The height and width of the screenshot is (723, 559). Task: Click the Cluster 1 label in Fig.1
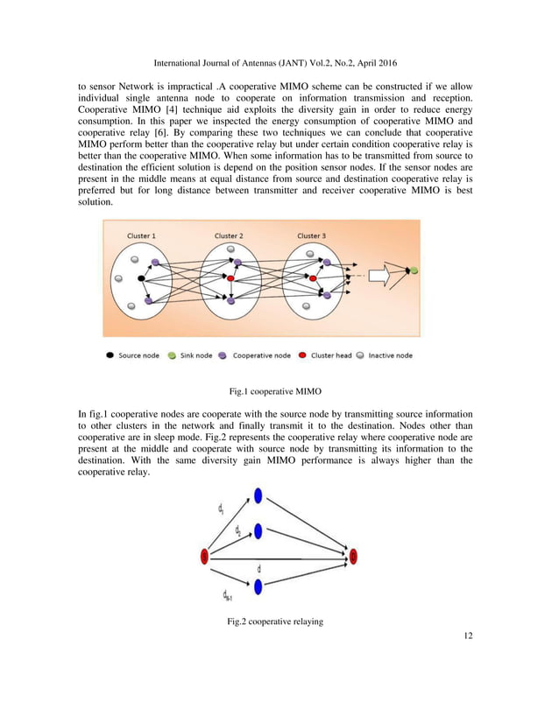(x=141, y=235)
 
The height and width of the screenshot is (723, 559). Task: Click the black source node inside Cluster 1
(x=140, y=278)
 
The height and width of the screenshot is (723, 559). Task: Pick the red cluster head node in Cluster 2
(x=230, y=278)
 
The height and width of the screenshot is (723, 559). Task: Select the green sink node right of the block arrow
(x=414, y=271)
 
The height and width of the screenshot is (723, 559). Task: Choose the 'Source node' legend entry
(x=133, y=355)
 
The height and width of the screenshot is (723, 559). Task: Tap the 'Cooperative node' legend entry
(x=257, y=355)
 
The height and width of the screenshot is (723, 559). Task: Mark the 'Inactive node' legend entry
(x=385, y=355)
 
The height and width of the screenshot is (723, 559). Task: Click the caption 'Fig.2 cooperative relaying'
(x=275, y=622)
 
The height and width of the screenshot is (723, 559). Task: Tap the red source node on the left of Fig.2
(x=205, y=556)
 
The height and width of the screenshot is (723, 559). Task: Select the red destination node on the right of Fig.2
(x=353, y=556)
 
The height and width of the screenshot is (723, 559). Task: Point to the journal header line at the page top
(x=279, y=63)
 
